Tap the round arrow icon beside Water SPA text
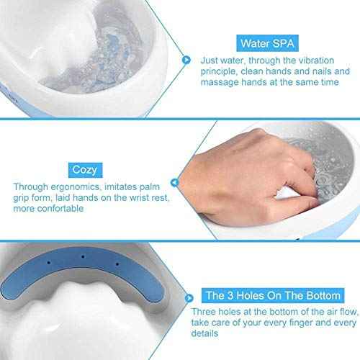pos(186,60)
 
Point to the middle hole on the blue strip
pos(82,256)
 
